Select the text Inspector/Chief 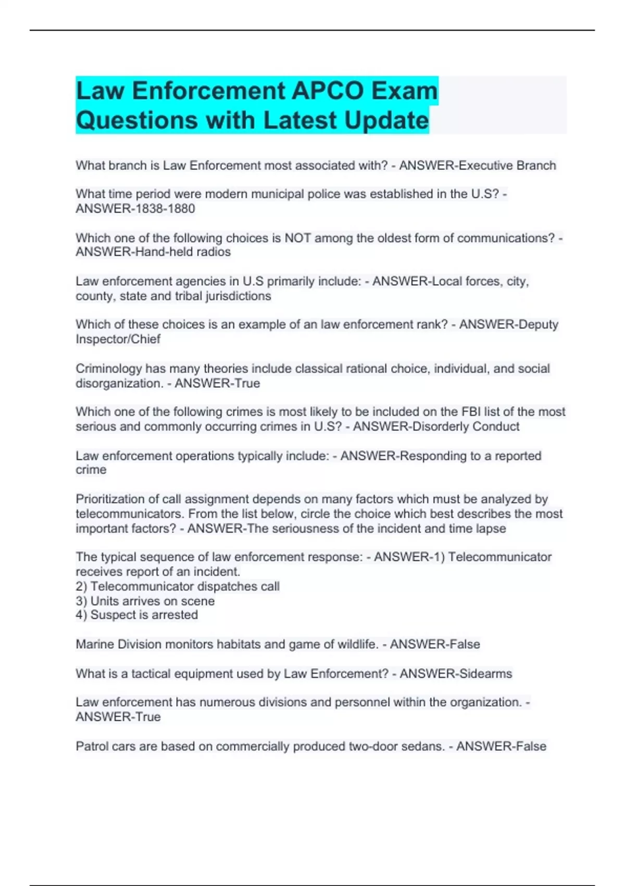(x=118, y=339)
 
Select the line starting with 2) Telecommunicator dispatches (x=178, y=586)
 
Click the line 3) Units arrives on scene (x=145, y=601)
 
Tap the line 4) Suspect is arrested (x=136, y=615)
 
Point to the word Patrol (x=92, y=746)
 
